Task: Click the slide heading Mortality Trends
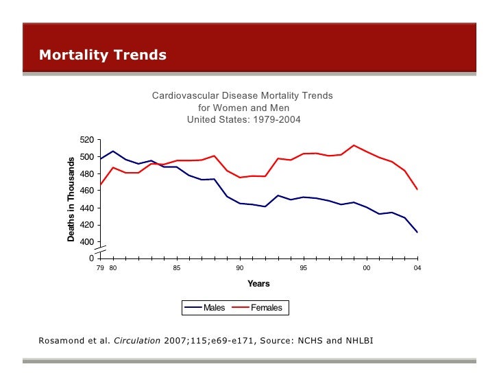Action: [x=103, y=55]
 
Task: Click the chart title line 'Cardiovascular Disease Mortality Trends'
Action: [x=242, y=96]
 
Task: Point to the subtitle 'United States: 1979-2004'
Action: [x=243, y=119]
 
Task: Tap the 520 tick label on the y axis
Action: [x=86, y=140]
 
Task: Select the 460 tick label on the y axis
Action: [x=86, y=191]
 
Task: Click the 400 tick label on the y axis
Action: [x=86, y=242]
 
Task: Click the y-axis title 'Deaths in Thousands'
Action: [x=71, y=199]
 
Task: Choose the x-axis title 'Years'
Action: [x=258, y=284]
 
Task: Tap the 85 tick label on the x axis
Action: [x=176, y=268]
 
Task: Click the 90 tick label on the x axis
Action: [x=240, y=268]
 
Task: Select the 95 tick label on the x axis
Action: [x=303, y=268]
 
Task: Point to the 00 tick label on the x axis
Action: [x=367, y=268]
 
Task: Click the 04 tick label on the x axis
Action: [x=417, y=268]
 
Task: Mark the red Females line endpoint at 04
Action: [x=417, y=189]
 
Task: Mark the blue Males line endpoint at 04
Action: [x=417, y=232]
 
